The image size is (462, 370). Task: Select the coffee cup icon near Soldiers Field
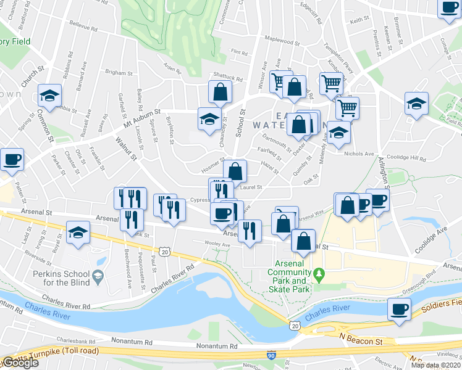(x=399, y=308)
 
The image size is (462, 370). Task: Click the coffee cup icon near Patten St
(x=12, y=160)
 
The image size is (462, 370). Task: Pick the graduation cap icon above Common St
(x=49, y=96)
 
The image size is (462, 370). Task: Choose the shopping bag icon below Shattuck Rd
(x=220, y=92)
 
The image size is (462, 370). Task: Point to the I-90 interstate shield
(x=272, y=355)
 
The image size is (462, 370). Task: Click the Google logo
(x=20, y=363)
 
